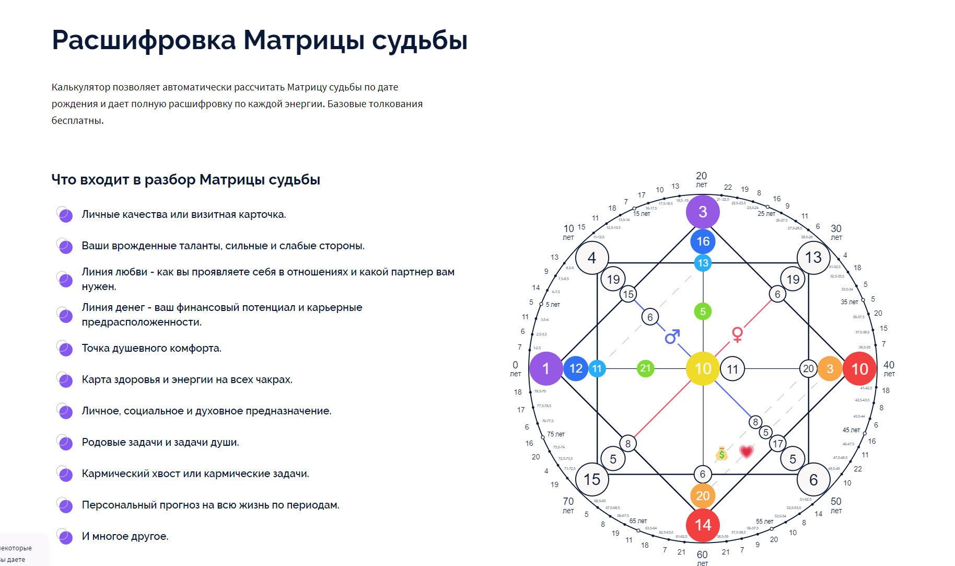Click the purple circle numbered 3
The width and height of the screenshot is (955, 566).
click(x=703, y=212)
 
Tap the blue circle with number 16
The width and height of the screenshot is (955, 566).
click(x=703, y=241)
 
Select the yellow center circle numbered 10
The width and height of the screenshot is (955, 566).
click(x=703, y=368)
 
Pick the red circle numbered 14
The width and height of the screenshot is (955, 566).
click(x=703, y=525)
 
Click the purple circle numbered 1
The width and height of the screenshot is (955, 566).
click(x=546, y=368)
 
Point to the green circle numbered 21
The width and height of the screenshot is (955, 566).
click(x=646, y=368)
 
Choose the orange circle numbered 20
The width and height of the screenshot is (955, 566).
click(x=703, y=495)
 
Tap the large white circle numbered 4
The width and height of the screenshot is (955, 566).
click(x=592, y=258)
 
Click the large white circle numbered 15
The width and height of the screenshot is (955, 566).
click(x=592, y=479)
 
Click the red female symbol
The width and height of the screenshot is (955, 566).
click(x=737, y=334)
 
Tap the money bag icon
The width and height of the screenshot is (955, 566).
click(x=721, y=454)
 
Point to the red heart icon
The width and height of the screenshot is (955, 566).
click(x=747, y=451)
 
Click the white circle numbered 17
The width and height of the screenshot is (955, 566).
click(x=778, y=444)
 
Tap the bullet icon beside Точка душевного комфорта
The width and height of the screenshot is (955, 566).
click(x=65, y=348)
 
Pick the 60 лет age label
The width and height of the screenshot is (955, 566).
click(x=702, y=558)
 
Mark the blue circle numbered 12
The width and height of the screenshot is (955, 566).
click(x=576, y=368)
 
